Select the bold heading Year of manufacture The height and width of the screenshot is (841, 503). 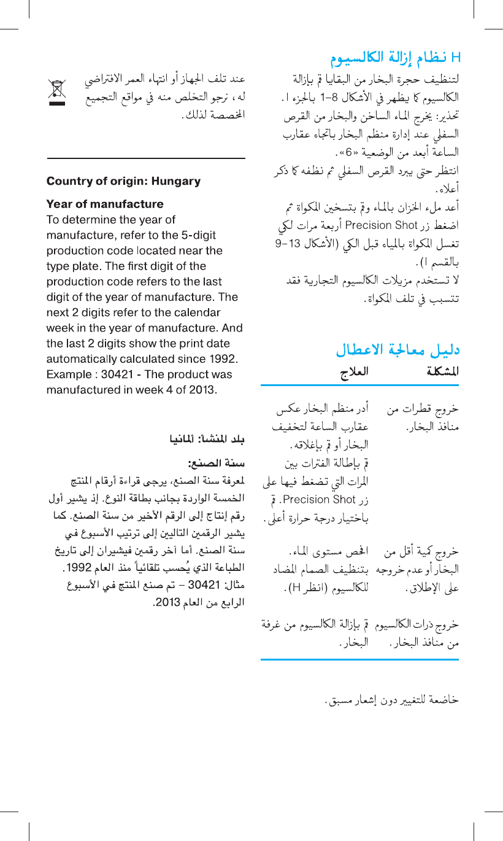tap(105, 204)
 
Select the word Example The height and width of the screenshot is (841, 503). tap(67, 374)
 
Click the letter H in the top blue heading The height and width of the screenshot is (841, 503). tap(455, 59)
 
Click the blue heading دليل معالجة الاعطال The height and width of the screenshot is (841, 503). tap(397, 351)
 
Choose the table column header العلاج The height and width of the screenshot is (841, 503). tap(354, 371)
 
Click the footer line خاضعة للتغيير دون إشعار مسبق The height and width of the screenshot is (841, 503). tap(391, 699)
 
